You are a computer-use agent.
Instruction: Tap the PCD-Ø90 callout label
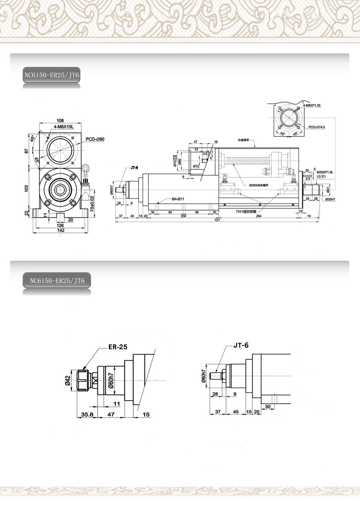[x=96, y=139]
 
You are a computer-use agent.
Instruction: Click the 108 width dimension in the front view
[x=60, y=120]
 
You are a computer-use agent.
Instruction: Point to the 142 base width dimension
[x=60, y=231]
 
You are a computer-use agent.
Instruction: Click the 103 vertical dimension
[x=26, y=188]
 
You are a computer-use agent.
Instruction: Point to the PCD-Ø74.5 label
[x=317, y=127]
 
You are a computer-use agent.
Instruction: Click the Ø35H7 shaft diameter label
[x=330, y=199]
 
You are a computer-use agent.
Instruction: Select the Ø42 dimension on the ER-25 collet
[x=68, y=380]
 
